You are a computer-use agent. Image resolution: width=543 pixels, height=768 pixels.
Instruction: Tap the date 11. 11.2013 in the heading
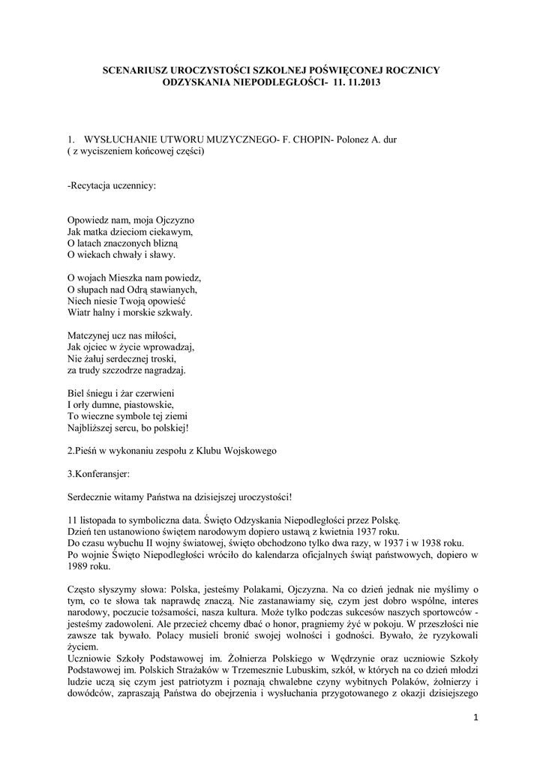point(355,82)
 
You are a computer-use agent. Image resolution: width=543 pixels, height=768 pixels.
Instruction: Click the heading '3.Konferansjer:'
point(98,474)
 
